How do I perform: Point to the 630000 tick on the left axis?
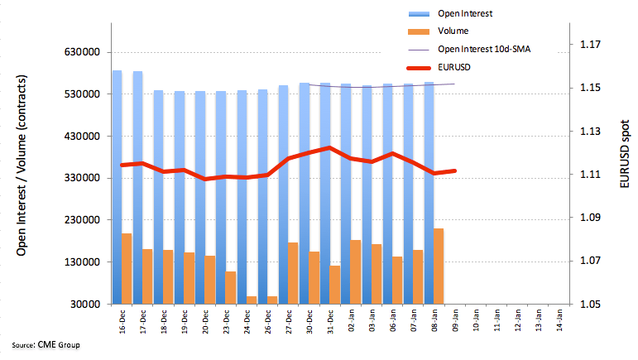pos(83,52)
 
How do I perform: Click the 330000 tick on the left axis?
pos(83,178)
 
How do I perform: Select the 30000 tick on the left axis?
pos(85,305)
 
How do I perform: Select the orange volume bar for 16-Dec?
pos(127,269)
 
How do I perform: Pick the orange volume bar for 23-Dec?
pos(231,288)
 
